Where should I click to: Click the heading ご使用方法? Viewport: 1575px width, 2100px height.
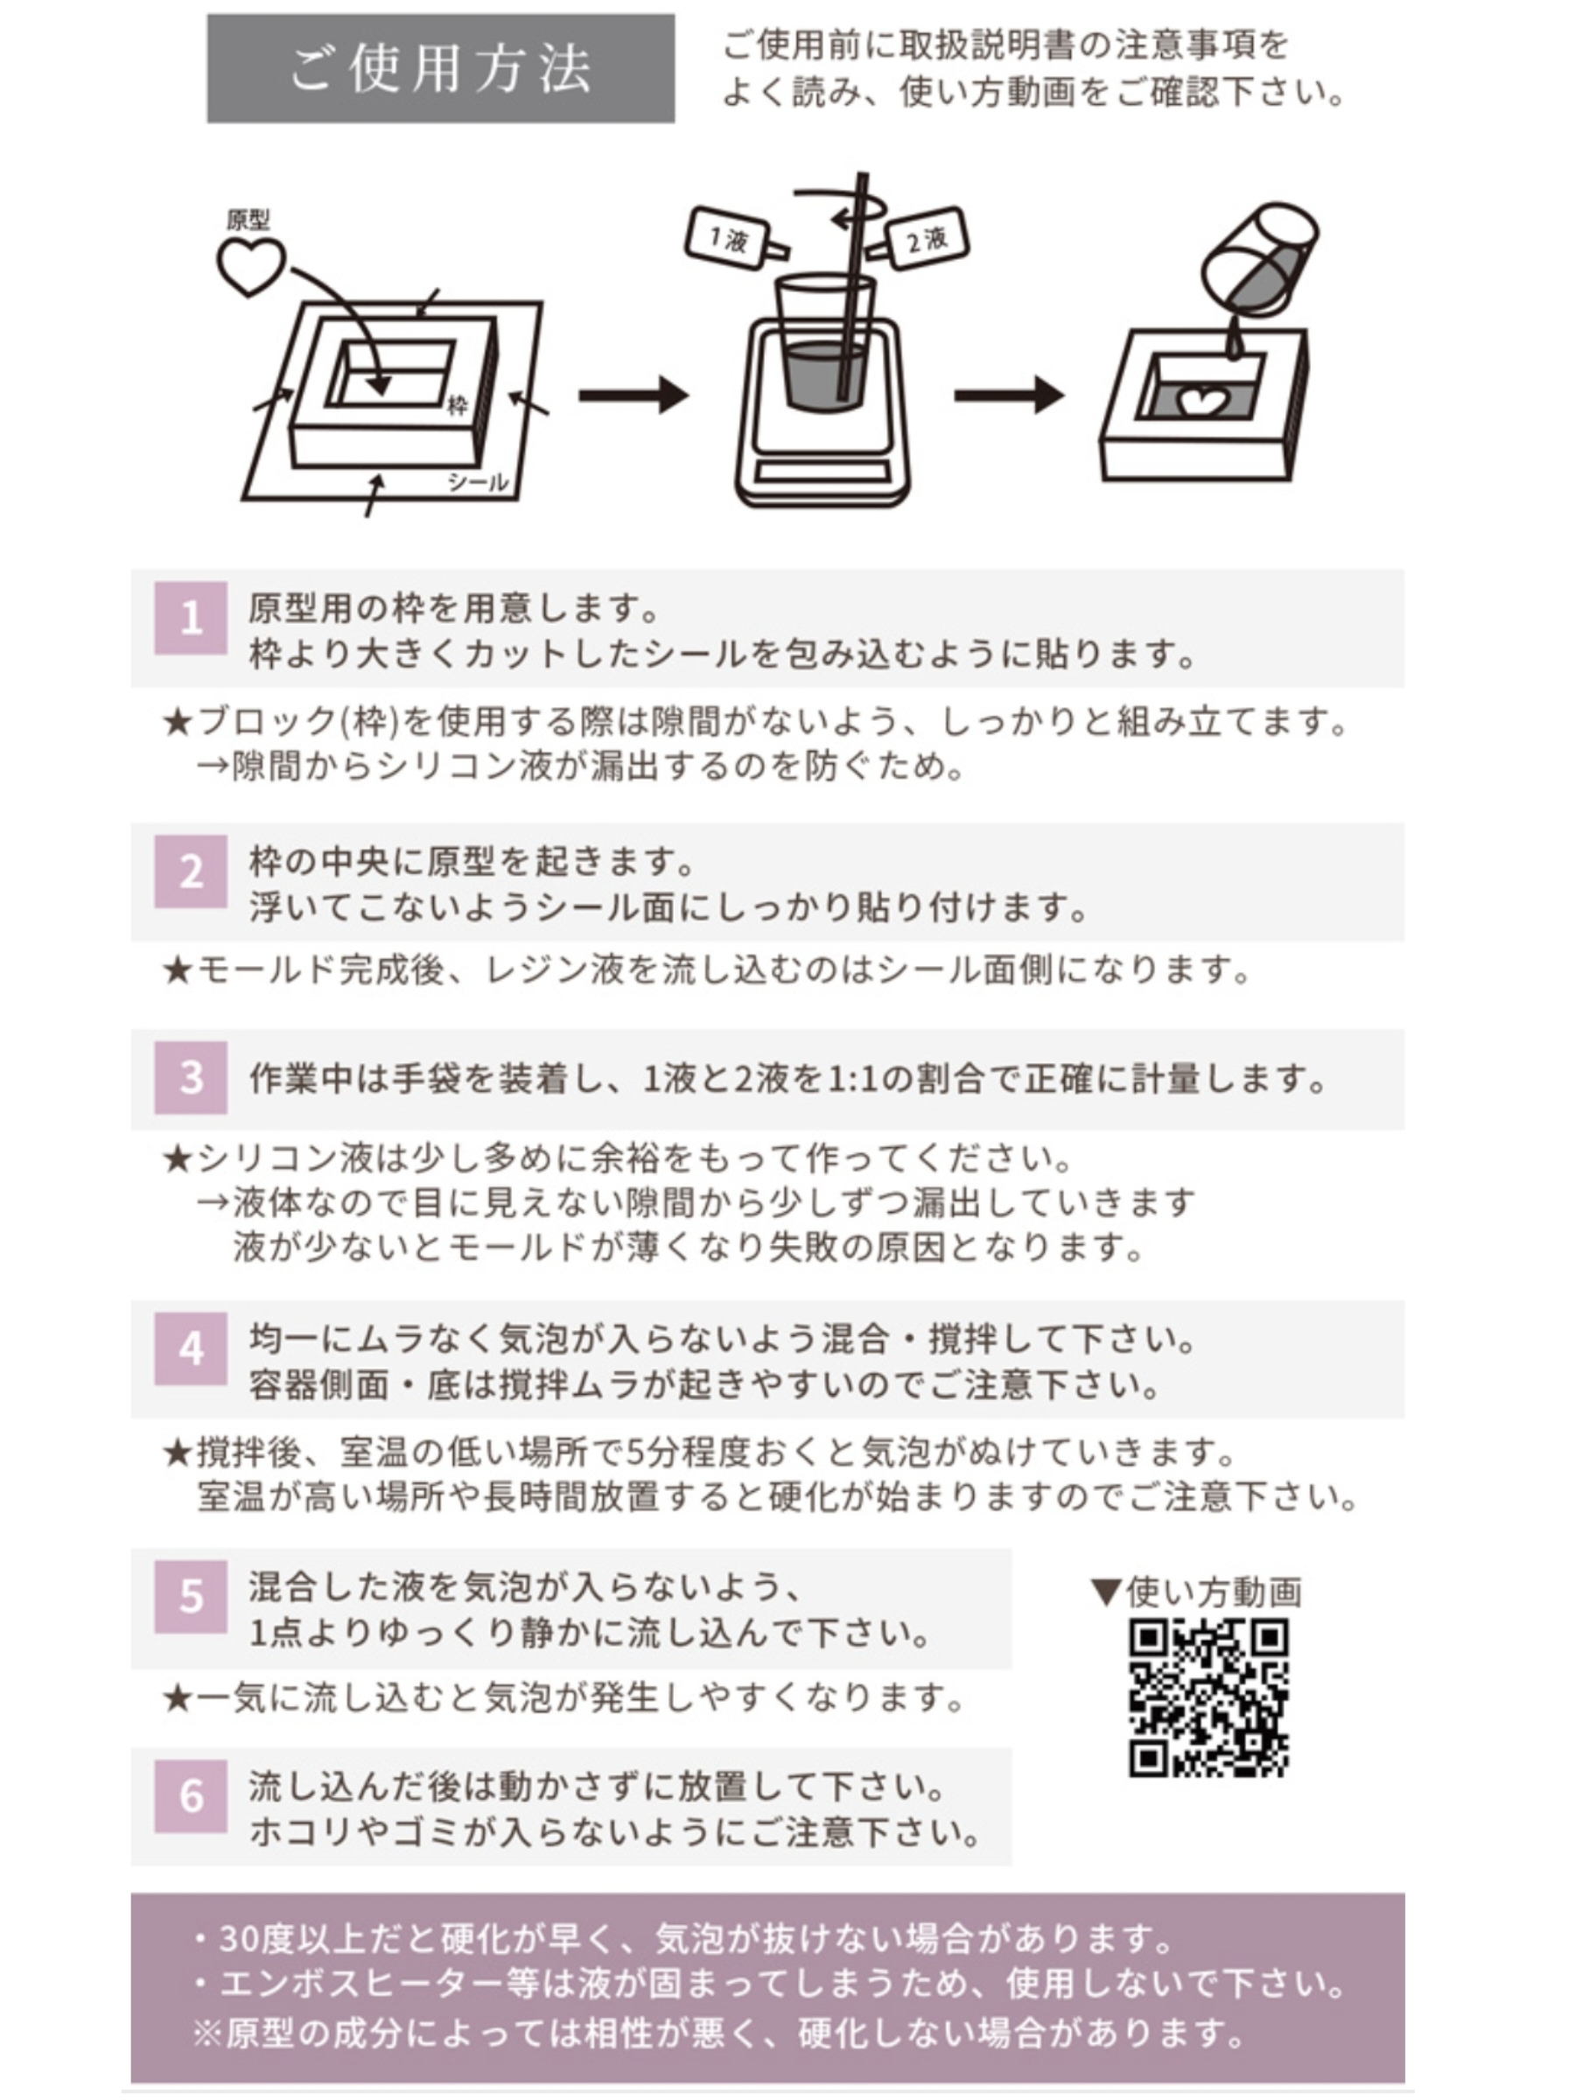tap(440, 68)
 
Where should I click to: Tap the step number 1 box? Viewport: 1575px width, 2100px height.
tap(191, 618)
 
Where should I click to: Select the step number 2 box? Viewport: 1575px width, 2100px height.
tap(191, 871)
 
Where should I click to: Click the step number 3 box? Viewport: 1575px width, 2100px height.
tap(191, 1077)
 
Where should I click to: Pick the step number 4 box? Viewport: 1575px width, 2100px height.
tap(191, 1349)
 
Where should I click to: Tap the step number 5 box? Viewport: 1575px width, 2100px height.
tap(191, 1598)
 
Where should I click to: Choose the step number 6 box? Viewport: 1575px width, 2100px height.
tap(191, 1797)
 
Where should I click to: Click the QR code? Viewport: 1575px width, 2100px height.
tap(1207, 1698)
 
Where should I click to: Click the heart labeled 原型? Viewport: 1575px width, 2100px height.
tap(250, 265)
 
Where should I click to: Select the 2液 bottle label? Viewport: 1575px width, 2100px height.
tap(926, 238)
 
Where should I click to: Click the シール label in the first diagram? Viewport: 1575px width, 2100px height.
tap(478, 482)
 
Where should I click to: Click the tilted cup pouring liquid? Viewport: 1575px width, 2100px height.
tap(1261, 261)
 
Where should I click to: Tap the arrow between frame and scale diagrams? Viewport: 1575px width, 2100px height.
tap(633, 395)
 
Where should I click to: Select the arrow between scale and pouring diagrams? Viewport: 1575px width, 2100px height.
tap(1008, 395)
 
